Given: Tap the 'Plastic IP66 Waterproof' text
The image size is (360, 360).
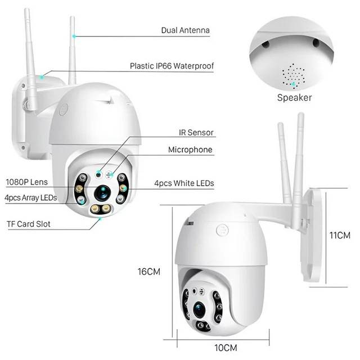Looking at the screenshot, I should coord(172,66).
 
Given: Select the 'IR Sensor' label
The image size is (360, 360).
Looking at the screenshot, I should coord(192,133).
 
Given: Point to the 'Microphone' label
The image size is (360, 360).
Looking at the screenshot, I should coord(190,150).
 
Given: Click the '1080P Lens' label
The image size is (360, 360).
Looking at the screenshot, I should coord(26,182).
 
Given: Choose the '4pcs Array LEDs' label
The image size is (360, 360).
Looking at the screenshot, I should coord(30,197).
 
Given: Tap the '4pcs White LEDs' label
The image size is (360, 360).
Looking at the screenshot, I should coord(184,183).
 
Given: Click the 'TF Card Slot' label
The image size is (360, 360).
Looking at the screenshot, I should coord(28,224).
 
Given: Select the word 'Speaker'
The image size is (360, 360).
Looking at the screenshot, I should coord(294,97).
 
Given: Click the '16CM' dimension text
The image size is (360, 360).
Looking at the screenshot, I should coord(149,271).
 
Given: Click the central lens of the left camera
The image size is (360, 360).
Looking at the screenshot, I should coord(101,192).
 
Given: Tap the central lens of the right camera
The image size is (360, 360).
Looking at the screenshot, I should coord(200,308).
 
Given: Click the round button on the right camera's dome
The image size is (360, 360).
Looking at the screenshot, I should coord(223,231).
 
